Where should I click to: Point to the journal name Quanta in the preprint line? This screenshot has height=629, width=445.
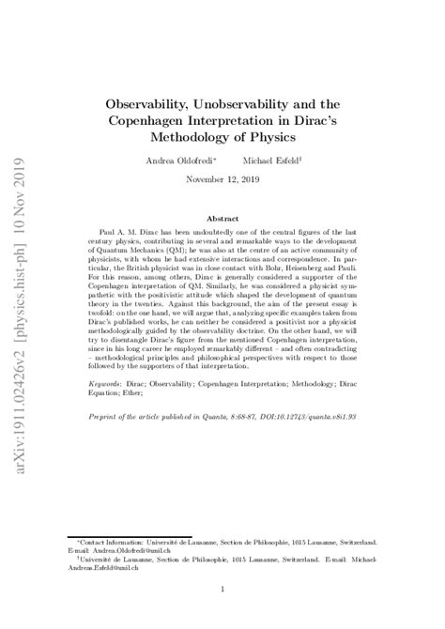(x=221, y=442)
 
